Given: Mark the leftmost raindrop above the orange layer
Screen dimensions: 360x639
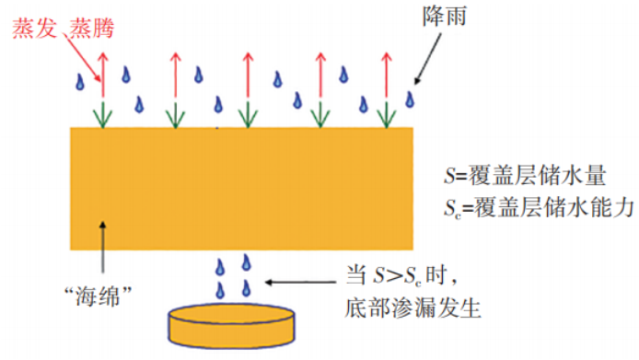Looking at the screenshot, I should [81, 83].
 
